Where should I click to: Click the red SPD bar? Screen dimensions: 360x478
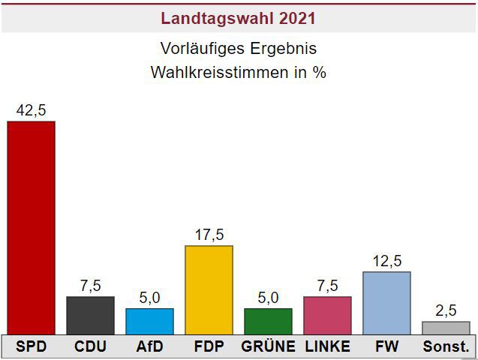coord(31,227)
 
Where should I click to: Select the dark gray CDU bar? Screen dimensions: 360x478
coord(90,315)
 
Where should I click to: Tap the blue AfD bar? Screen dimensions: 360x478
coord(149,321)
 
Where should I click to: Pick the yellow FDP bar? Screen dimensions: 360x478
coord(209,289)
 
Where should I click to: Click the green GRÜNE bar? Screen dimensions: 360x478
coord(268,321)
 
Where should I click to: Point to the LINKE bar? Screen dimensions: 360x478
coord(327,315)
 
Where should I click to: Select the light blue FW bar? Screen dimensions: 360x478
coord(386,302)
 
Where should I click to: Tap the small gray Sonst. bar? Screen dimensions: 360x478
coord(446,328)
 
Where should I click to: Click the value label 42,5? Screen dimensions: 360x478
coord(31,110)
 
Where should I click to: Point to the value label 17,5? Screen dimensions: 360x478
coord(209,235)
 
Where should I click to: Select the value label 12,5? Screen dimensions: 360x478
coord(386,261)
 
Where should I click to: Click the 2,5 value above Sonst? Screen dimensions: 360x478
coord(446,310)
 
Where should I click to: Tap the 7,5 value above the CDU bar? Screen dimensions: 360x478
coord(90,286)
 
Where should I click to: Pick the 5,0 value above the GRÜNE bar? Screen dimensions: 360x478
coord(268,298)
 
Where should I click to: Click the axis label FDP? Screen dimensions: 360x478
coord(209,347)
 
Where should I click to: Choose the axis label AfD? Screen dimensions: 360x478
coord(149,347)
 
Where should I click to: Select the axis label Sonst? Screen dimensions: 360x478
coord(446,347)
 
